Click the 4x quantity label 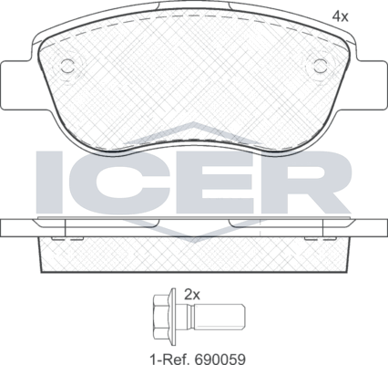coord(341,16)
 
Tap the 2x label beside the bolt coord(191,295)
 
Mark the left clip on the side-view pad coord(59,236)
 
